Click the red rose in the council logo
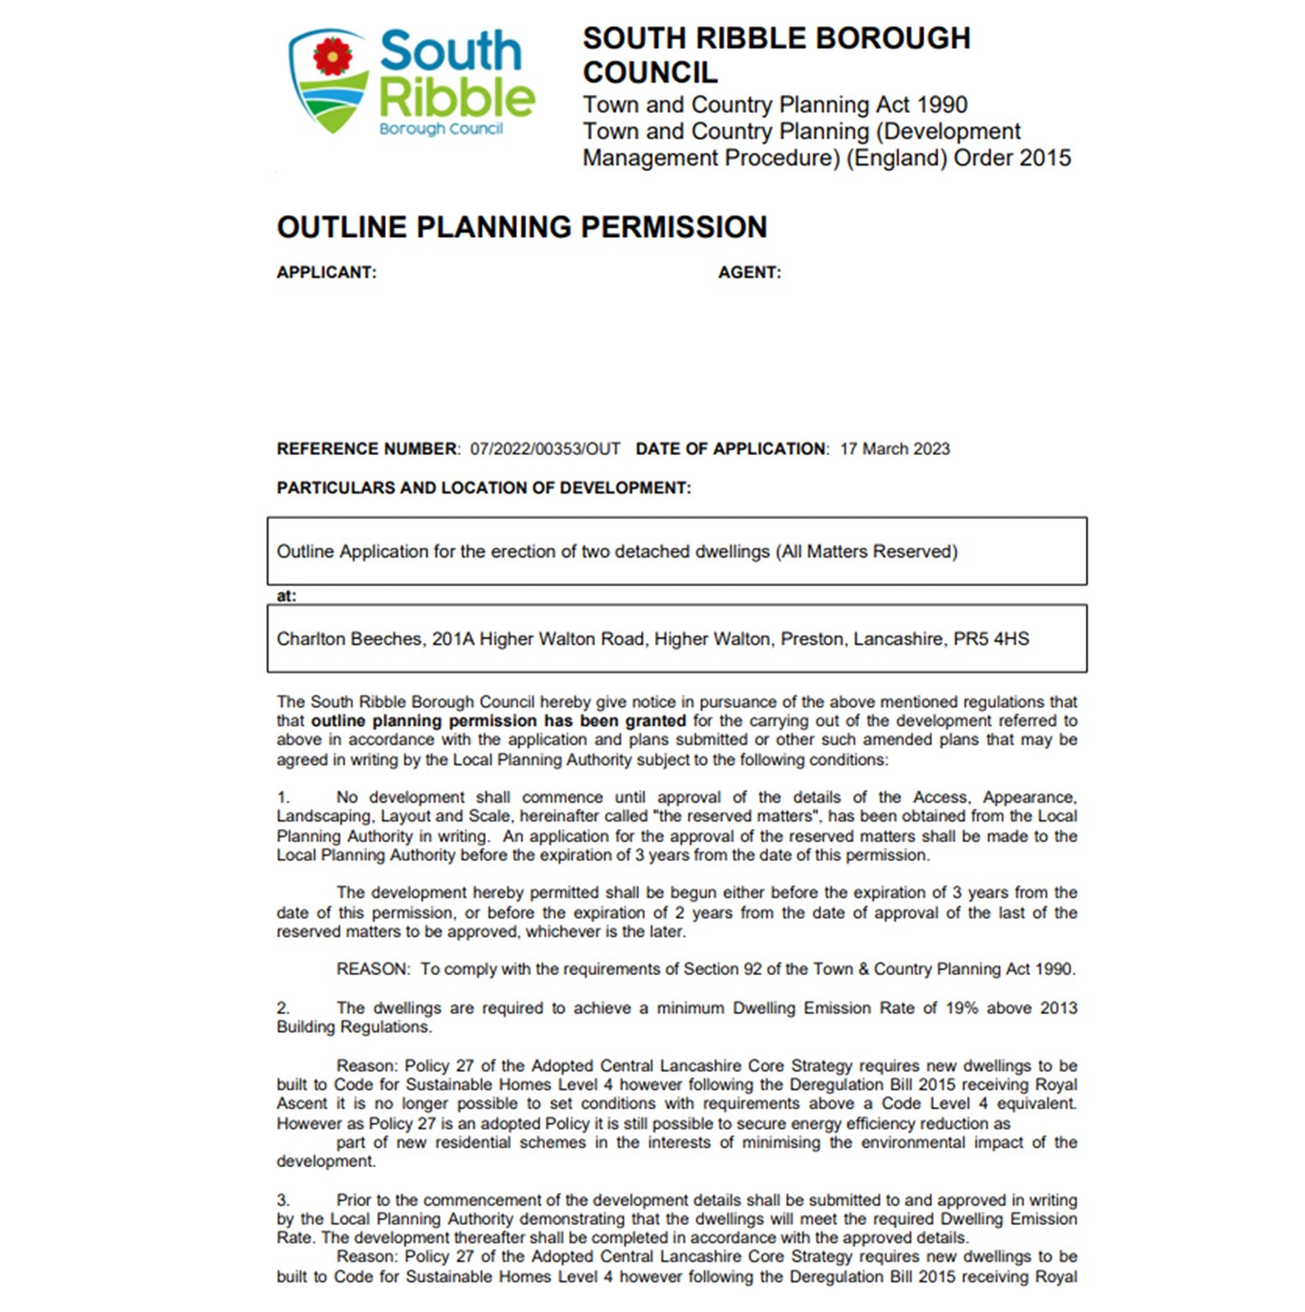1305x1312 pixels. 332,57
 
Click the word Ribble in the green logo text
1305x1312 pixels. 456,98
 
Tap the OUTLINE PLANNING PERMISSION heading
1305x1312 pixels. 521,227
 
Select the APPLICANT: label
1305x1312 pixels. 326,272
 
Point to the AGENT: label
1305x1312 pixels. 749,272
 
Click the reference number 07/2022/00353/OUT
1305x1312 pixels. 544,449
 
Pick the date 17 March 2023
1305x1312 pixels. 894,449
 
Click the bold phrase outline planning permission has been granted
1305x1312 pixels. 498,721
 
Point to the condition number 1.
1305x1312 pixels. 283,797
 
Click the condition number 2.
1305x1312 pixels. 283,1008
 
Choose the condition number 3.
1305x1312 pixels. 283,1200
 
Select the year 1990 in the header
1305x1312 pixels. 942,105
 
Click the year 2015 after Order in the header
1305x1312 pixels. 1041,157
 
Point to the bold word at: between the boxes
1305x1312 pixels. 286,595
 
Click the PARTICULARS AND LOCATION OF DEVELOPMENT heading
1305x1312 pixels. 484,488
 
